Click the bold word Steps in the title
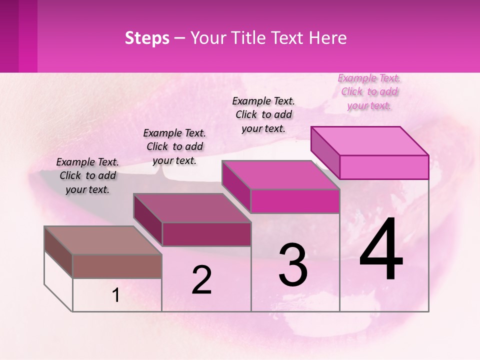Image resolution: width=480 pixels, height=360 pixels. tap(147, 38)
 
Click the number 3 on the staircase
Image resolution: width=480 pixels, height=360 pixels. tap(293, 265)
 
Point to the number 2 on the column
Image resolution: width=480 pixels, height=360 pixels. tap(201, 280)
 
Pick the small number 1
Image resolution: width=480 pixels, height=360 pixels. tap(116, 295)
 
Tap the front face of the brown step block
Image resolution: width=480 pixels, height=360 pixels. tap(117, 266)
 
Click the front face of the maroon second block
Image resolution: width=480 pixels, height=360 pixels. tap(206, 234)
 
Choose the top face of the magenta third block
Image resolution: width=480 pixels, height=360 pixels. tap(281, 175)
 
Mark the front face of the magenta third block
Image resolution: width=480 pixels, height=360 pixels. tap(295, 201)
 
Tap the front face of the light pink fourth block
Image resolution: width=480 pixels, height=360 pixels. tap(384, 167)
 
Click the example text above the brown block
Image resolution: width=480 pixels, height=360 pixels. tap(87, 176)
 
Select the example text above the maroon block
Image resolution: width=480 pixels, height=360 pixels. tap(174, 147)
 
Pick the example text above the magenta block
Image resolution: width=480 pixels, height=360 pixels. tap(263, 115)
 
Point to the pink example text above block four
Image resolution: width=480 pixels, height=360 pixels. tap(369, 92)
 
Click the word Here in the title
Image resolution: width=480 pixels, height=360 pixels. tap(328, 38)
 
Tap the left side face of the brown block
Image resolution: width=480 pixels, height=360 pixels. tap(58, 252)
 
